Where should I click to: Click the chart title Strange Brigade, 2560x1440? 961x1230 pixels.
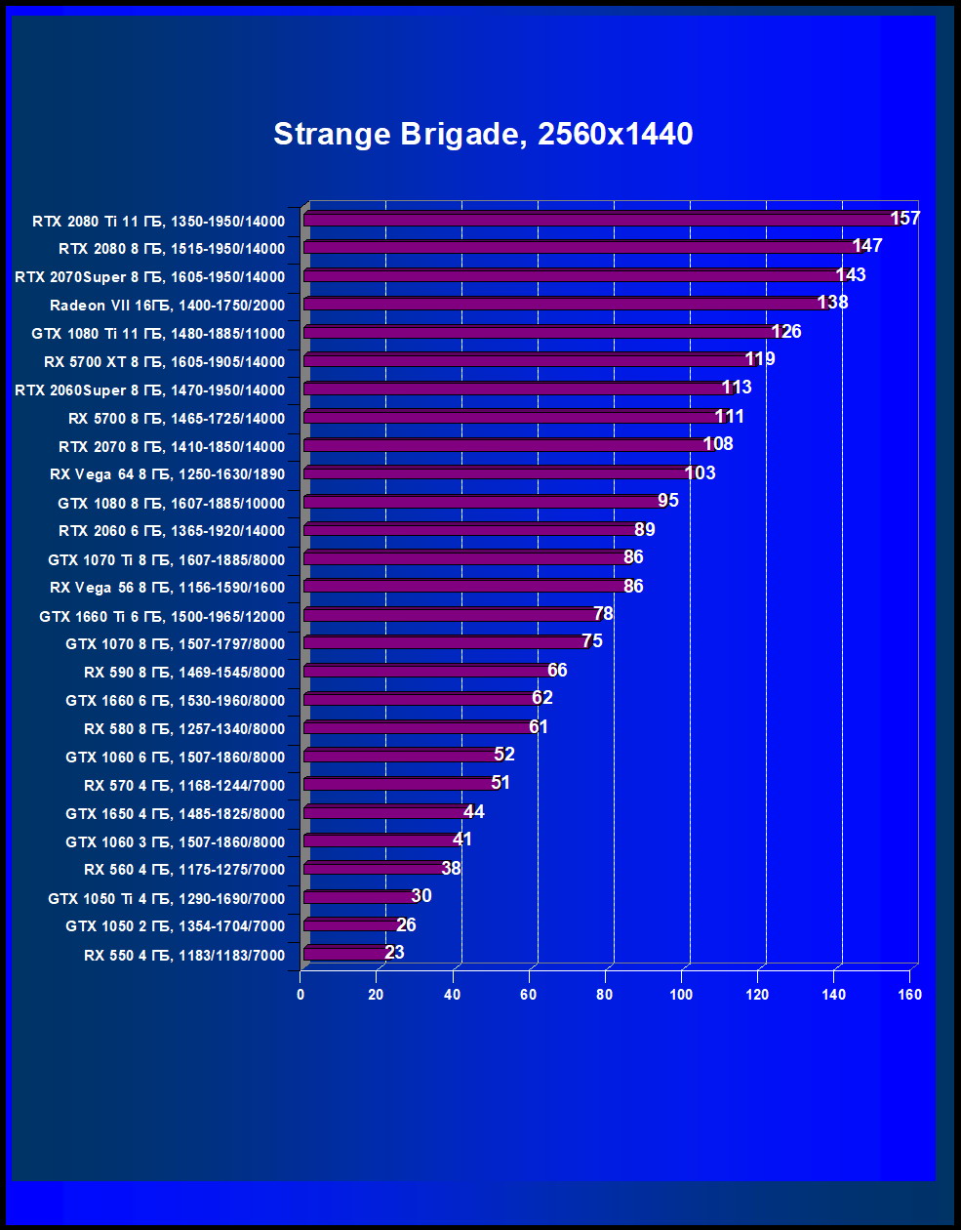[x=483, y=134]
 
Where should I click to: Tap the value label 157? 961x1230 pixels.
[x=905, y=218]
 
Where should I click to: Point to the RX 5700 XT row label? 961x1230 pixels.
[x=164, y=362]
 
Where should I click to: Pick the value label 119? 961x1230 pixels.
[x=760, y=359]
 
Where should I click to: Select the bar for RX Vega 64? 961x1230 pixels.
[x=498, y=473]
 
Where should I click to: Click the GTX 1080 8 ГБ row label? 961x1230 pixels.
[x=171, y=504]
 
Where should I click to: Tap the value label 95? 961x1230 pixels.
[x=668, y=501]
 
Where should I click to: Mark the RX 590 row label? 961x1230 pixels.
[x=184, y=673]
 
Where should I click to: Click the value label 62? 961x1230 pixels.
[x=542, y=698]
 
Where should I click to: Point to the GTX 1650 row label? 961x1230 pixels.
[x=176, y=814]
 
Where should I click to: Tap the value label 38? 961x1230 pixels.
[x=451, y=868]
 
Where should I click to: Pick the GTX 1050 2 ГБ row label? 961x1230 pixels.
[x=176, y=926]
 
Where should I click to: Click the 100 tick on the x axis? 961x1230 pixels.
[x=681, y=995]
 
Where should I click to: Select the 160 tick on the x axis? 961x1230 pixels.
[x=909, y=995]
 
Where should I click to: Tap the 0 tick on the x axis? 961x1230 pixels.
[x=300, y=995]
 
